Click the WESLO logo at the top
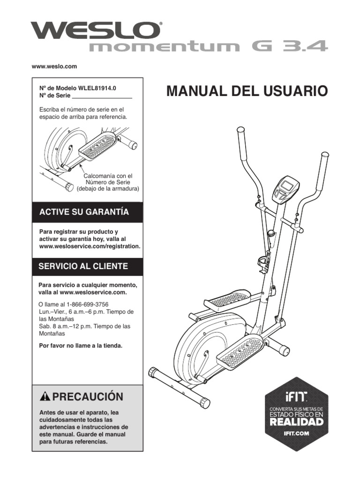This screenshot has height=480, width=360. [96, 31]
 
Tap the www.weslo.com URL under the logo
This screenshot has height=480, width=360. [54, 67]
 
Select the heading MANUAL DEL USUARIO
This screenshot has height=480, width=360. [245, 91]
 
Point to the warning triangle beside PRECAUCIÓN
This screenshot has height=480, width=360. [45, 397]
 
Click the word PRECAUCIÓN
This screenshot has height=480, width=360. [88, 397]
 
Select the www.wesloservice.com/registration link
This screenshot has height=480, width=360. [90, 246]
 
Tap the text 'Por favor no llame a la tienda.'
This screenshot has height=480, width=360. [80, 346]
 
